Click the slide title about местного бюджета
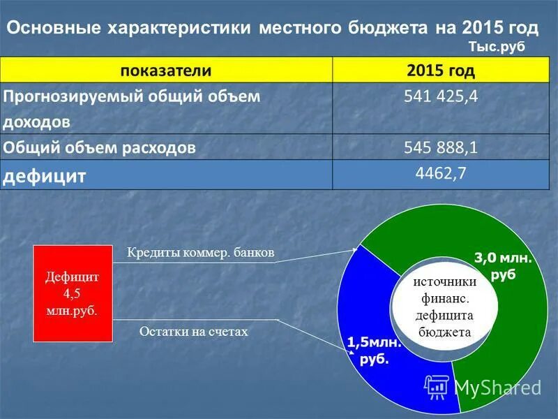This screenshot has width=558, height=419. (273, 28)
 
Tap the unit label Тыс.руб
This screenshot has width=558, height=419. (493, 46)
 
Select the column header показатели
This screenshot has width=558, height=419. (166, 71)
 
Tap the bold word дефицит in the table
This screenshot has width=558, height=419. (45, 175)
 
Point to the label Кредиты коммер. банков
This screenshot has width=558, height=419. (200, 253)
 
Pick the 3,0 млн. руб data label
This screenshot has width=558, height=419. (503, 266)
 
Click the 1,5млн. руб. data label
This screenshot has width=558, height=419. (374, 351)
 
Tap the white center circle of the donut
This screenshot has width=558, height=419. (444, 307)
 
